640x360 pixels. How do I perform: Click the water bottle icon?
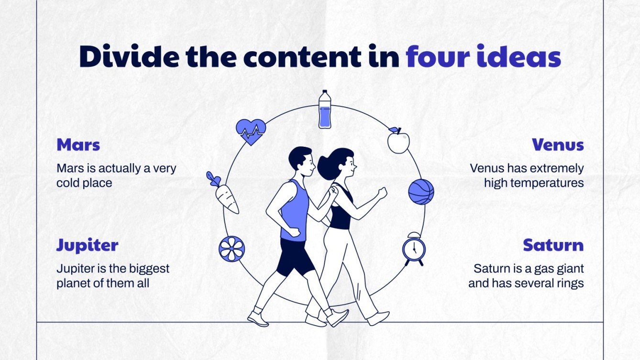coord(325,109)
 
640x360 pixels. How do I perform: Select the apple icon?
coord(398,141)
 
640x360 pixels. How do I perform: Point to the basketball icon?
coord(421,192)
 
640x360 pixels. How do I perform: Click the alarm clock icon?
coord(413,249)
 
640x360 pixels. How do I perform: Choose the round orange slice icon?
coord(232,249)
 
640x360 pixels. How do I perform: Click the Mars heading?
coord(78,145)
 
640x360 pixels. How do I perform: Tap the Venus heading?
coord(558,145)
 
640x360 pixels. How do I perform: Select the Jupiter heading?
coord(87,245)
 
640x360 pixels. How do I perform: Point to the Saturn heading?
coord(553,245)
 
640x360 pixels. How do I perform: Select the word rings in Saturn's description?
coord(569,283)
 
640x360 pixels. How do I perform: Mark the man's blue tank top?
coord(293,210)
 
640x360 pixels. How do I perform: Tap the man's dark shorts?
coord(293,256)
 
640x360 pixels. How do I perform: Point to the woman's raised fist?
coord(382,193)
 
